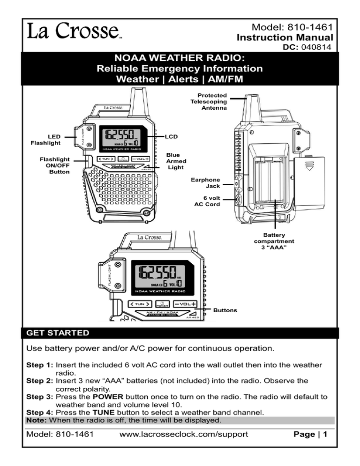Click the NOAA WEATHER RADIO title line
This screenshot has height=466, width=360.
point(180,58)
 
